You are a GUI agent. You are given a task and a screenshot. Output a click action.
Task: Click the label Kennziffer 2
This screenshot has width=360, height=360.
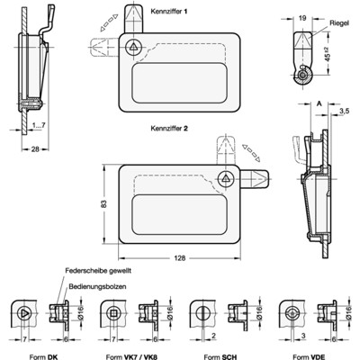point(175,129)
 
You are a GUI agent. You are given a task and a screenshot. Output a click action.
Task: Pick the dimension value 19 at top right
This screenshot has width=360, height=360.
point(302,16)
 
